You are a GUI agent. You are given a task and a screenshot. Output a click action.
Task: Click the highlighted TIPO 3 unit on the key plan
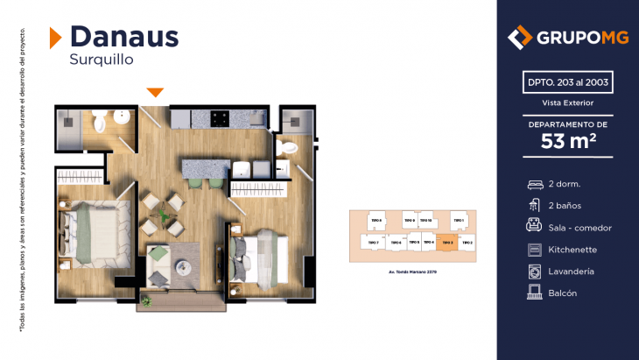446,242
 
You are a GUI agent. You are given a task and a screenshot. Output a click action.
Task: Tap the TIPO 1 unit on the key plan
457,219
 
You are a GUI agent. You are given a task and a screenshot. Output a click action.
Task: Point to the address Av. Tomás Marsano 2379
411,272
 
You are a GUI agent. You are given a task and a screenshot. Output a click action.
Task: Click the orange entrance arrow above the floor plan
155,92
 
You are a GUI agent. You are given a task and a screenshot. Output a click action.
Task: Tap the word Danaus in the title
123,36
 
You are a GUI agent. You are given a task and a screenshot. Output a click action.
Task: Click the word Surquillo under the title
101,60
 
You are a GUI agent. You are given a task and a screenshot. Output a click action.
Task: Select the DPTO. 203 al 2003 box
567,83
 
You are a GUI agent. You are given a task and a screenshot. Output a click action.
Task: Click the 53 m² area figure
567,141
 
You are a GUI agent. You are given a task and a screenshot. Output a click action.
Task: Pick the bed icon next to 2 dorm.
534,184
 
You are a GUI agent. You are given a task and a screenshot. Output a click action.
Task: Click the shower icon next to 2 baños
534,206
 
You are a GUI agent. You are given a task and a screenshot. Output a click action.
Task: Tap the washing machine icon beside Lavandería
534,272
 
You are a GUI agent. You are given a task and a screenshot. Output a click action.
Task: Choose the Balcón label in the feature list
563,293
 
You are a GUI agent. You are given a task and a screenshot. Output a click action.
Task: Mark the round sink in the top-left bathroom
123,116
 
